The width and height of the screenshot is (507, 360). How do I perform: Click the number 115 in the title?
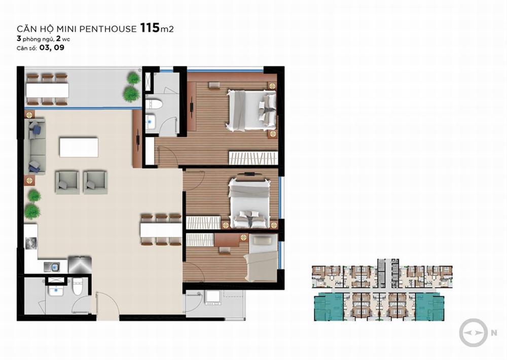point(150,28)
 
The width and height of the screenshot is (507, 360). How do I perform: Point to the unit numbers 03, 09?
point(52,48)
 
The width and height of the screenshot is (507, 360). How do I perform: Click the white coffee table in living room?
point(79,147)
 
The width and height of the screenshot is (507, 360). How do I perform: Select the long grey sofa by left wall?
point(35,147)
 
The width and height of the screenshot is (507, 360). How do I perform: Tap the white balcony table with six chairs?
point(47,90)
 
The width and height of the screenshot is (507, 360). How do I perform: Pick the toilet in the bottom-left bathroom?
point(78,285)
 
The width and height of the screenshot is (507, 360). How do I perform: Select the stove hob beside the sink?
point(80,265)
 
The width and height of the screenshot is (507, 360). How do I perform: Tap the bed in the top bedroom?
point(251,111)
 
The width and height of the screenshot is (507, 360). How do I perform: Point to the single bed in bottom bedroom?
point(261,258)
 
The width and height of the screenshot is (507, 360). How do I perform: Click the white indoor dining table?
point(161,230)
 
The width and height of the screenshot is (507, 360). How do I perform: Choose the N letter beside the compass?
point(494,333)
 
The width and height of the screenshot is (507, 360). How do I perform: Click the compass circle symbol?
point(474,333)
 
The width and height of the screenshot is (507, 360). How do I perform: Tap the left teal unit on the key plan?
point(329,307)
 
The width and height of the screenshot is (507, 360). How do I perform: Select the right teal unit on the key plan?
point(430,307)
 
